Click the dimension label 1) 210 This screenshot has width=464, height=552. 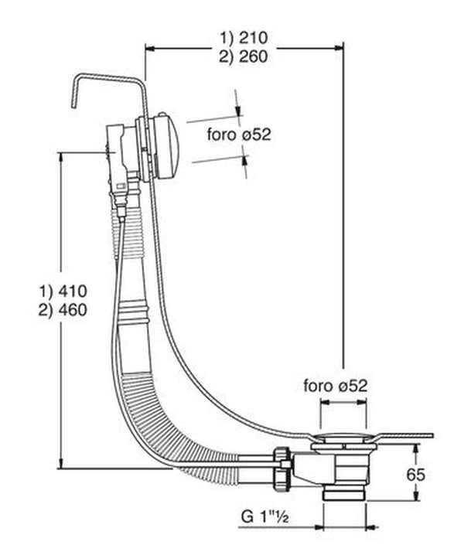coord(246,36)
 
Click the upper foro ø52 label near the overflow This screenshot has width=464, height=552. coord(238,134)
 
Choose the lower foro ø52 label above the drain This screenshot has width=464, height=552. coord(335,385)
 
